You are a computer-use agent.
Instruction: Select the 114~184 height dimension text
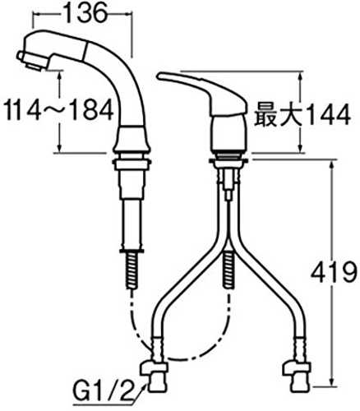[59, 110]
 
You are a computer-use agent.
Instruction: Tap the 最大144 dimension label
[302, 115]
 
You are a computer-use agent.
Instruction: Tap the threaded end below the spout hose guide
[132, 270]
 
